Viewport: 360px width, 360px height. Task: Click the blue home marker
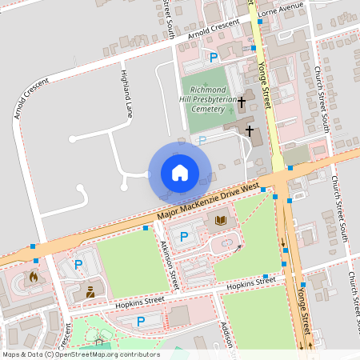click(x=180, y=173)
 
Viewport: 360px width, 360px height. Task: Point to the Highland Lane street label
click(x=126, y=94)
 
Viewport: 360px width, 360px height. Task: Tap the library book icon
click(x=222, y=220)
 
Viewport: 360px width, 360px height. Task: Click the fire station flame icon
click(x=34, y=276)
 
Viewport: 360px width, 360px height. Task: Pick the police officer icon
click(x=90, y=291)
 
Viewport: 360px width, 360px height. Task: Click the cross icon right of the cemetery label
click(x=242, y=102)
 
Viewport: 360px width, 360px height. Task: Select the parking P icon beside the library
click(x=183, y=236)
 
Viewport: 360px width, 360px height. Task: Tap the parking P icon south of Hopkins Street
click(x=141, y=322)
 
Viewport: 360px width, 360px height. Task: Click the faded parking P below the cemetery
click(x=202, y=139)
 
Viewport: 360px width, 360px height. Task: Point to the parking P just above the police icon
click(x=78, y=264)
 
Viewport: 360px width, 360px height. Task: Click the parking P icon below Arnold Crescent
click(x=214, y=57)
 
